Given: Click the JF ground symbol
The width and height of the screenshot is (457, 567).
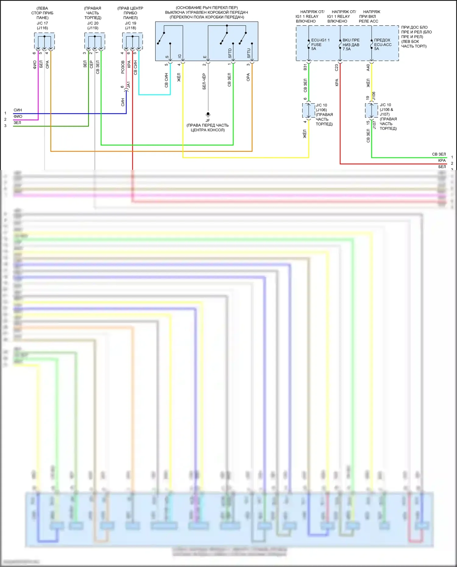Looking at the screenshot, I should click(x=208, y=115).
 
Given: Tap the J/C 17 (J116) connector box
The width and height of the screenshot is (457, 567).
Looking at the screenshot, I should click(x=44, y=41).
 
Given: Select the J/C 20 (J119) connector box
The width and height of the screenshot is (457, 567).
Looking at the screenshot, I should click(x=95, y=41).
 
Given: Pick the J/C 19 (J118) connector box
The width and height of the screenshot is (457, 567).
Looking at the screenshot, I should click(x=133, y=41).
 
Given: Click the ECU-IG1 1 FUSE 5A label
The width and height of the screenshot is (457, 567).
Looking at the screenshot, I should click(x=320, y=44).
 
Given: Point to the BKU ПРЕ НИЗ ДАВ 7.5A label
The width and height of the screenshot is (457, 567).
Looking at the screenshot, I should click(x=351, y=44).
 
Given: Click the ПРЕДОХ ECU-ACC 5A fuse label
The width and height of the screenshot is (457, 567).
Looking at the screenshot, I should click(x=383, y=44).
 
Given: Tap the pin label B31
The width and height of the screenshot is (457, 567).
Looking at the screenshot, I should click(x=305, y=67).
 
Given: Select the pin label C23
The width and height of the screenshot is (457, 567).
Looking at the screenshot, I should click(x=337, y=67).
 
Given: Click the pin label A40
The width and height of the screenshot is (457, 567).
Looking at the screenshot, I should click(x=368, y=67).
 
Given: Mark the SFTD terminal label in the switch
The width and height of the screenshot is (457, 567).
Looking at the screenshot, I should click(x=230, y=53).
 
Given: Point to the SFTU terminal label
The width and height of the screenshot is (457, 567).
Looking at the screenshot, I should click(x=249, y=53).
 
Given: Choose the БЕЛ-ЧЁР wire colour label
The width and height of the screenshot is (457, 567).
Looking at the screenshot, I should click(x=204, y=81).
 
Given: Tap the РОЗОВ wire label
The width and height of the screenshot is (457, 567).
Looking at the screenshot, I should click(x=123, y=67).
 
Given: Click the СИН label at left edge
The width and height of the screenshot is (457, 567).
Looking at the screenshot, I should click(x=18, y=110).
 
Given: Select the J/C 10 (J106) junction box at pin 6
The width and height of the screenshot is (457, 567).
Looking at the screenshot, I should click(x=309, y=110).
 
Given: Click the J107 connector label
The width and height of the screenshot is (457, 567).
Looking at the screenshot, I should click(x=374, y=125).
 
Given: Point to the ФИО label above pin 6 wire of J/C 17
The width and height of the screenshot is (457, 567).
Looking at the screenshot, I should click(x=35, y=65).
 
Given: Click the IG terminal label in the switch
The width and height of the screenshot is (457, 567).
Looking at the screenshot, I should click(x=180, y=56).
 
